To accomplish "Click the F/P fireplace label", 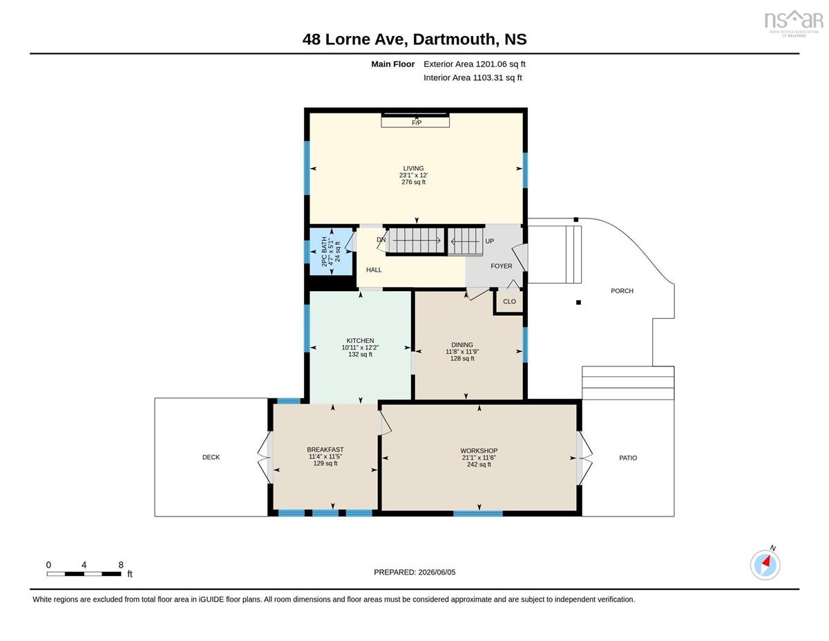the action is (x=416, y=122).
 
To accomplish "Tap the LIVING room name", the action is (x=413, y=168).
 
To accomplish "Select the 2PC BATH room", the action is (x=330, y=252).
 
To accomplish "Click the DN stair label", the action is (x=381, y=240).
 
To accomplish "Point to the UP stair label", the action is (x=490, y=241).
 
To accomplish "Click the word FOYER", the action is (x=502, y=266).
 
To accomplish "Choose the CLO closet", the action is (x=509, y=301).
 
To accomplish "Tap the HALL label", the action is (x=374, y=270).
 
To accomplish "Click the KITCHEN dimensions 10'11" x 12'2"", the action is (x=360, y=348).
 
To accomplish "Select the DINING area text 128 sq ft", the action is (x=462, y=358).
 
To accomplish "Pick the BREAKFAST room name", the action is (x=325, y=449).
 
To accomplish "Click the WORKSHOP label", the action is (x=479, y=451).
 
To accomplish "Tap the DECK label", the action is (x=211, y=457).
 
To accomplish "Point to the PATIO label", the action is (x=628, y=458).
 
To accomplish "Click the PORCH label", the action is (x=622, y=291).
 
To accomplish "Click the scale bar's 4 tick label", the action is (x=84, y=565).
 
